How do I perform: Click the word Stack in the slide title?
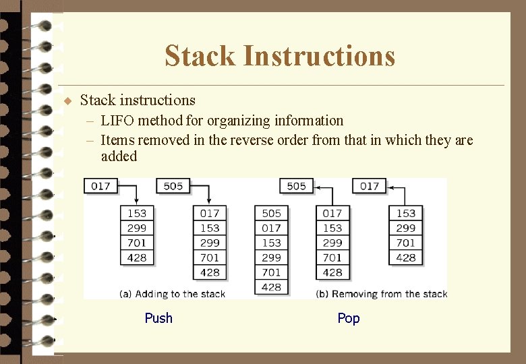pos(200,56)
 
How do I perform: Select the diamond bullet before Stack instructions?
pos(67,101)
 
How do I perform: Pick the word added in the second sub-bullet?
pos(119,156)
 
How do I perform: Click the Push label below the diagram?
pos(158,318)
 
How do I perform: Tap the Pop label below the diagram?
pos(349,318)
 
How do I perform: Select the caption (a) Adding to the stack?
pos(172,294)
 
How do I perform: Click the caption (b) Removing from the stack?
pos(381,294)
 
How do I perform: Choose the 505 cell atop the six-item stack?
pos(271,213)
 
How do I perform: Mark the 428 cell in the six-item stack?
pos(271,287)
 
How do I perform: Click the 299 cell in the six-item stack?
pos(271,257)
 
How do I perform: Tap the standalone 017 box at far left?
pos(100,186)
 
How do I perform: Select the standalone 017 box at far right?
pos(370,186)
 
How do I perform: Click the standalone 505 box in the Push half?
pos(173,186)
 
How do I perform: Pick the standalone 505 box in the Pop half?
pos(297,186)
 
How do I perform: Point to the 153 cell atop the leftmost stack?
pos(137,213)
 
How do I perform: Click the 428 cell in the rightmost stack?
pos(406,257)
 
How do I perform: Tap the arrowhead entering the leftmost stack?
pos(137,202)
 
